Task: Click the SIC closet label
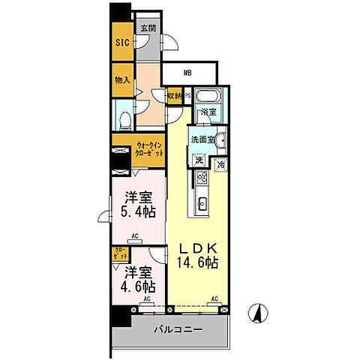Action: (x=122, y=43)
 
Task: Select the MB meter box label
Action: (x=190, y=73)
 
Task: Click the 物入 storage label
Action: (x=122, y=80)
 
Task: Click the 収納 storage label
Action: (x=174, y=96)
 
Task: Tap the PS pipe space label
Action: (x=187, y=96)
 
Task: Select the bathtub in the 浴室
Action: (x=206, y=97)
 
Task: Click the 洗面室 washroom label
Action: (x=202, y=139)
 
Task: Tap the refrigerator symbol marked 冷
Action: (x=220, y=164)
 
